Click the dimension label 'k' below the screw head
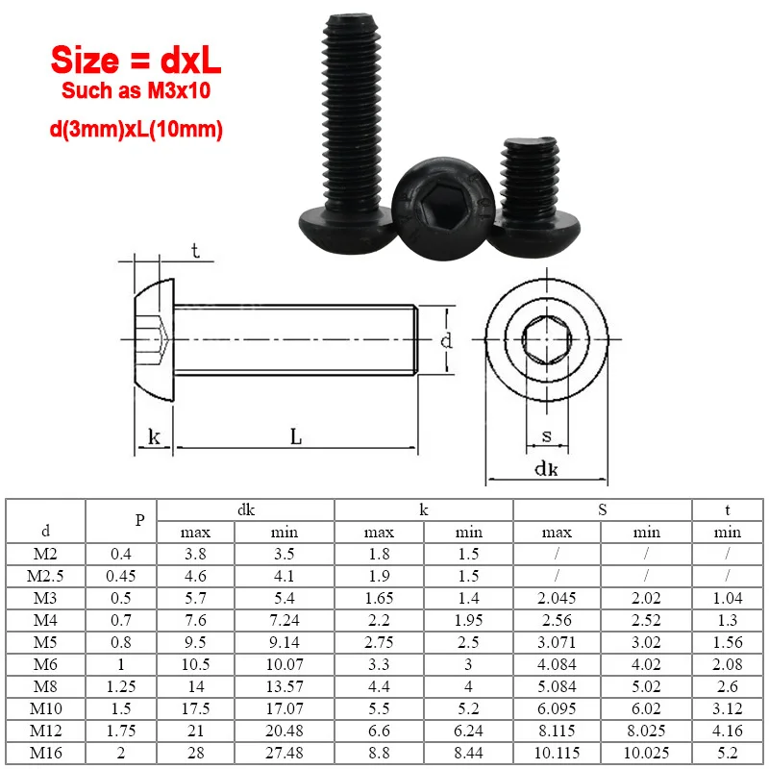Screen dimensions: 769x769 click(x=153, y=438)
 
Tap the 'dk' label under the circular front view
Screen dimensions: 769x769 click(x=546, y=469)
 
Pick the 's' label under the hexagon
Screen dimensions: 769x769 click(x=546, y=436)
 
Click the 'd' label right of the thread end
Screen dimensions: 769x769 click(x=445, y=340)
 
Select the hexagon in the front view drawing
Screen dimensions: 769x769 click(x=546, y=340)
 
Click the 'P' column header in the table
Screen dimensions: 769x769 click(x=139, y=520)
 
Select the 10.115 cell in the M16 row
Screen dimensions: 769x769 click(x=558, y=754)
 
